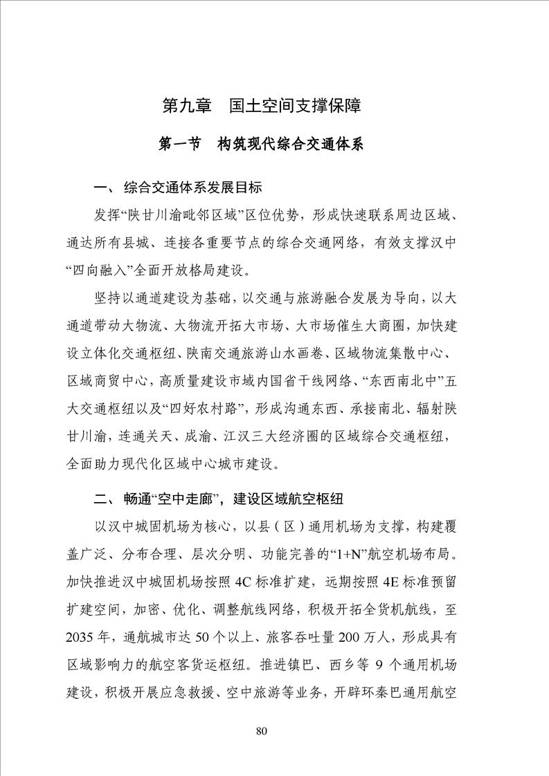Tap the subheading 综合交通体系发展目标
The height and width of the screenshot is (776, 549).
tap(192, 187)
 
